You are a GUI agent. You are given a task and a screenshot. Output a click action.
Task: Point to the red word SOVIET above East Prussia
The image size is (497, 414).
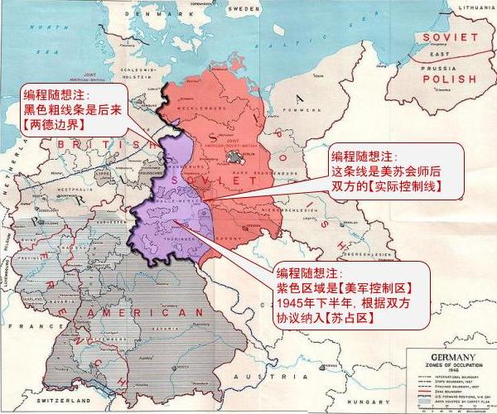(x=450, y=37)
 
